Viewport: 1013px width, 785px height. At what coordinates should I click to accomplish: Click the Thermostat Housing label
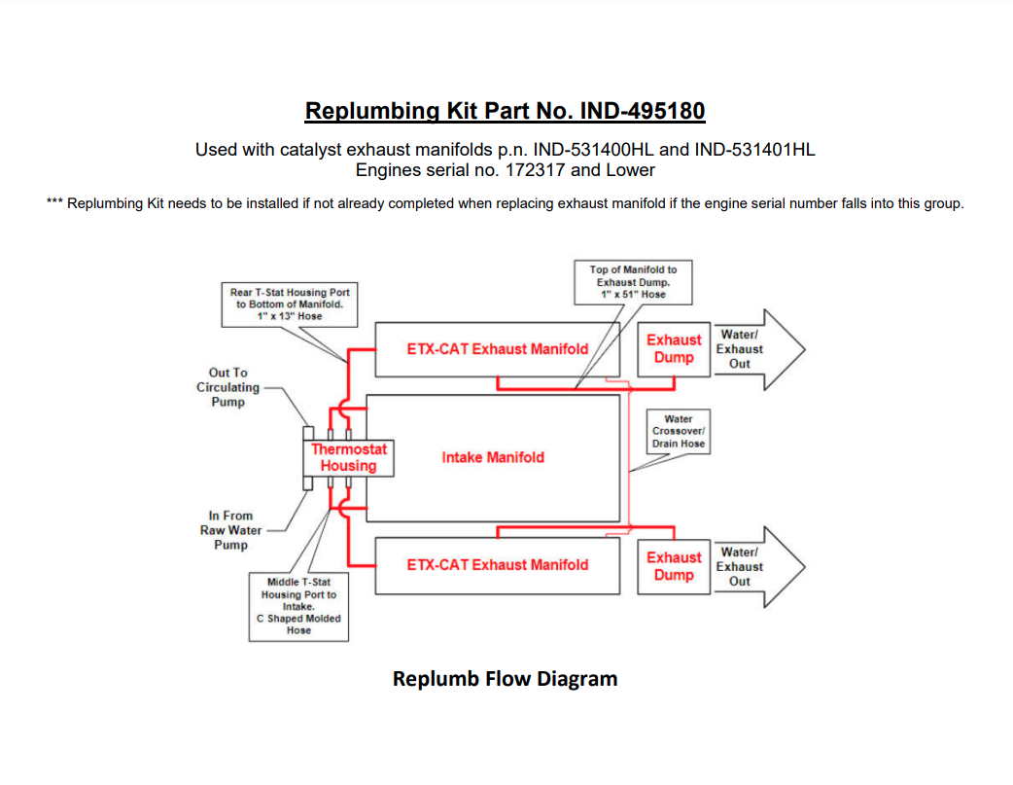349,457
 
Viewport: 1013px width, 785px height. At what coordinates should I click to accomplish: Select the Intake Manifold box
493,457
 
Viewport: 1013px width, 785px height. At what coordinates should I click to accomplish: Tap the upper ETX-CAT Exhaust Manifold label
497,348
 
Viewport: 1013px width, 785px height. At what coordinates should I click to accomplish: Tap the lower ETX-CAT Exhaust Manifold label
497,564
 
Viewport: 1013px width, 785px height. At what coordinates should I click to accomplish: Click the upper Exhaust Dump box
674,348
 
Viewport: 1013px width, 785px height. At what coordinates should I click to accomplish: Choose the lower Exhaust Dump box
674,566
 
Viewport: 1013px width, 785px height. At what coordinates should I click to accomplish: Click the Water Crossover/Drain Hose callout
679,431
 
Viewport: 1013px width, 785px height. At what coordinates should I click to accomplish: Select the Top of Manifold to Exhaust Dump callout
633,281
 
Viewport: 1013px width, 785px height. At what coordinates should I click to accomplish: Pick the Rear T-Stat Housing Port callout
290,303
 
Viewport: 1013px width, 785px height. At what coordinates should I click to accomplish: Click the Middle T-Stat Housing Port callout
298,606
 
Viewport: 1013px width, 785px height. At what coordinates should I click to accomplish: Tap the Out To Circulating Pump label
228,387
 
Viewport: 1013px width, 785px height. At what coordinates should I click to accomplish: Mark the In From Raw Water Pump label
229,530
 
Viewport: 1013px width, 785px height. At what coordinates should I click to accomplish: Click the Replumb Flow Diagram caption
505,679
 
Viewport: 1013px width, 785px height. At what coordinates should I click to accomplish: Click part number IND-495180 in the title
642,111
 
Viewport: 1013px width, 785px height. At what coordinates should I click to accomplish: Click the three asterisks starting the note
54,204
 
